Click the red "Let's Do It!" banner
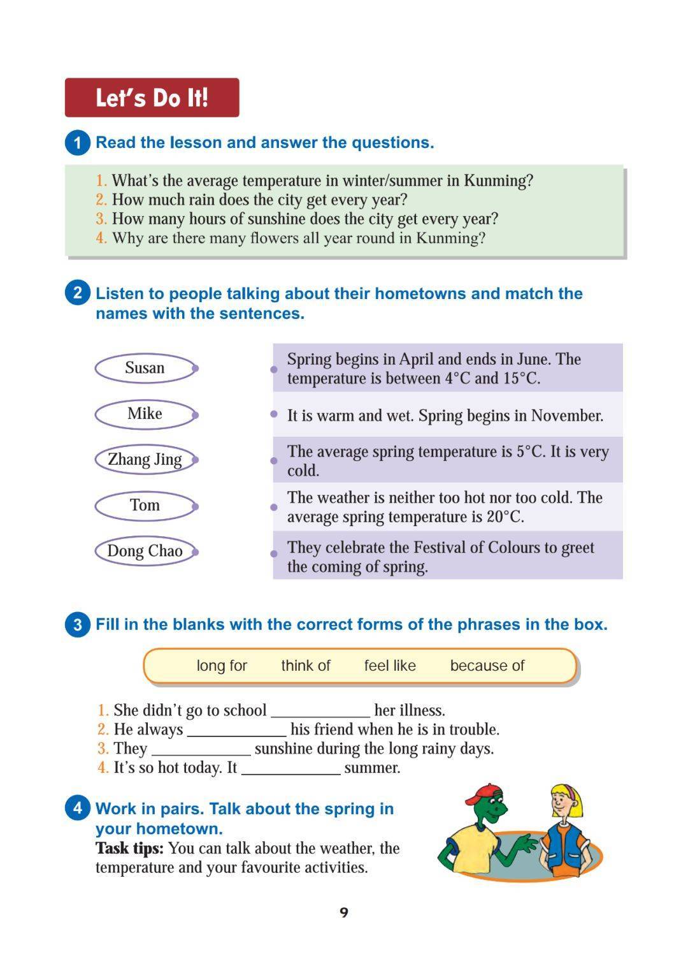coord(152,98)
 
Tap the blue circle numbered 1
coord(78,142)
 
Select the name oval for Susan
coord(145,368)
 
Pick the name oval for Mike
coord(145,414)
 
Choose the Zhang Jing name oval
coord(145,460)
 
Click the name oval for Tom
coord(145,506)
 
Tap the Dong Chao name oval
coord(145,551)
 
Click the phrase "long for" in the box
coord(222,666)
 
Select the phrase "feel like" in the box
coord(390,666)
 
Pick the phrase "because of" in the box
coord(487,666)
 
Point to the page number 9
coord(344,912)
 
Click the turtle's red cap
coord(482,794)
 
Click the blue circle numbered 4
coord(78,809)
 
